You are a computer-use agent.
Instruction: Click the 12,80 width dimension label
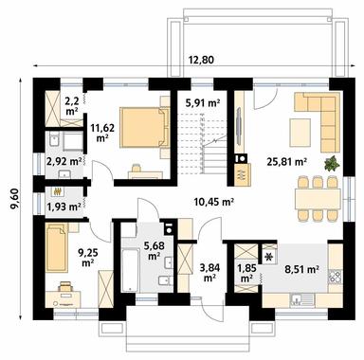point(201,61)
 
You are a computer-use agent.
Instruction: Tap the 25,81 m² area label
point(288,162)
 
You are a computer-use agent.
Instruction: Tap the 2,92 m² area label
point(64,162)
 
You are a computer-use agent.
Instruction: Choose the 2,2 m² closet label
point(71,103)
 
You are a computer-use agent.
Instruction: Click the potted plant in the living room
point(331,163)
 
